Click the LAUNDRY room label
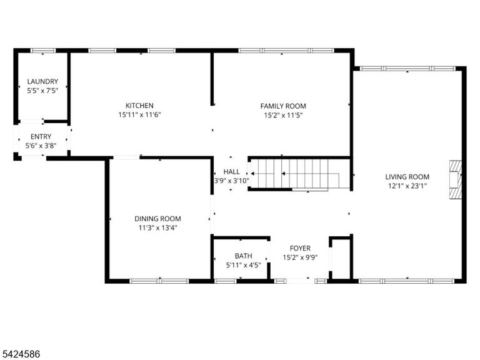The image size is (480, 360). pos(42,81)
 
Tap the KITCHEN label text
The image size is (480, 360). pos(139,106)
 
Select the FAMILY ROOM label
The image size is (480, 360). pos(283,106)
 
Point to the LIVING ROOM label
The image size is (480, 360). pos(407,177)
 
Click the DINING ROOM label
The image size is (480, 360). pos(157,219)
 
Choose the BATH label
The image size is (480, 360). pos(243,256)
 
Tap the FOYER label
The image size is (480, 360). pos(300,248)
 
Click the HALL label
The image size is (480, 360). pos(231,171)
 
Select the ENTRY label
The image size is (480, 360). pos(41,136)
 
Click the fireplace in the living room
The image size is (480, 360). pos(455,180)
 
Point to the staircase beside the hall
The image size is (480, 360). pos(299,174)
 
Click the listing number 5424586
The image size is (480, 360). pos(20,354)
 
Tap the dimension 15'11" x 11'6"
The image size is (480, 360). pos(139,115)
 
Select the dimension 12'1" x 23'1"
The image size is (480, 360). pos(407,186)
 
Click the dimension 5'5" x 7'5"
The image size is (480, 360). pos(42,91)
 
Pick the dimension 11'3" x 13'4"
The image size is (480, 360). pos(157,227)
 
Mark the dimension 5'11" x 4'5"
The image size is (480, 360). pos(243,265)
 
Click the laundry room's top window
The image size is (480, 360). pos(43,51)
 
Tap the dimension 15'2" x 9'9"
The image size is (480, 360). pos(300,257)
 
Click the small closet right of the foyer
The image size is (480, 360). pos(341,259)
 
